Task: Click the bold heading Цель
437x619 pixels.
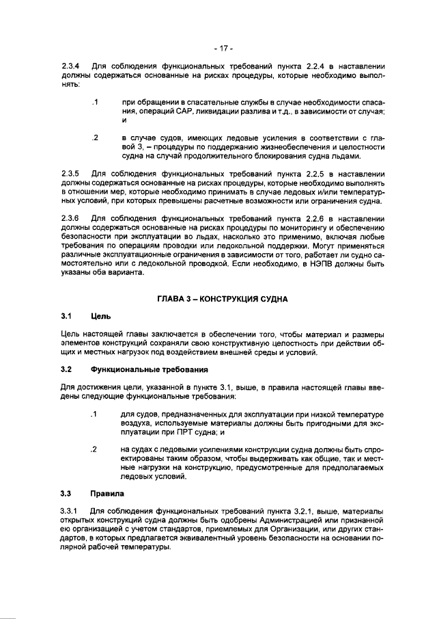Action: coord(100,317)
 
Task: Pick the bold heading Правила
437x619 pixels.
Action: coord(106,493)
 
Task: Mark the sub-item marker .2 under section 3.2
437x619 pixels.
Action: coord(94,450)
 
